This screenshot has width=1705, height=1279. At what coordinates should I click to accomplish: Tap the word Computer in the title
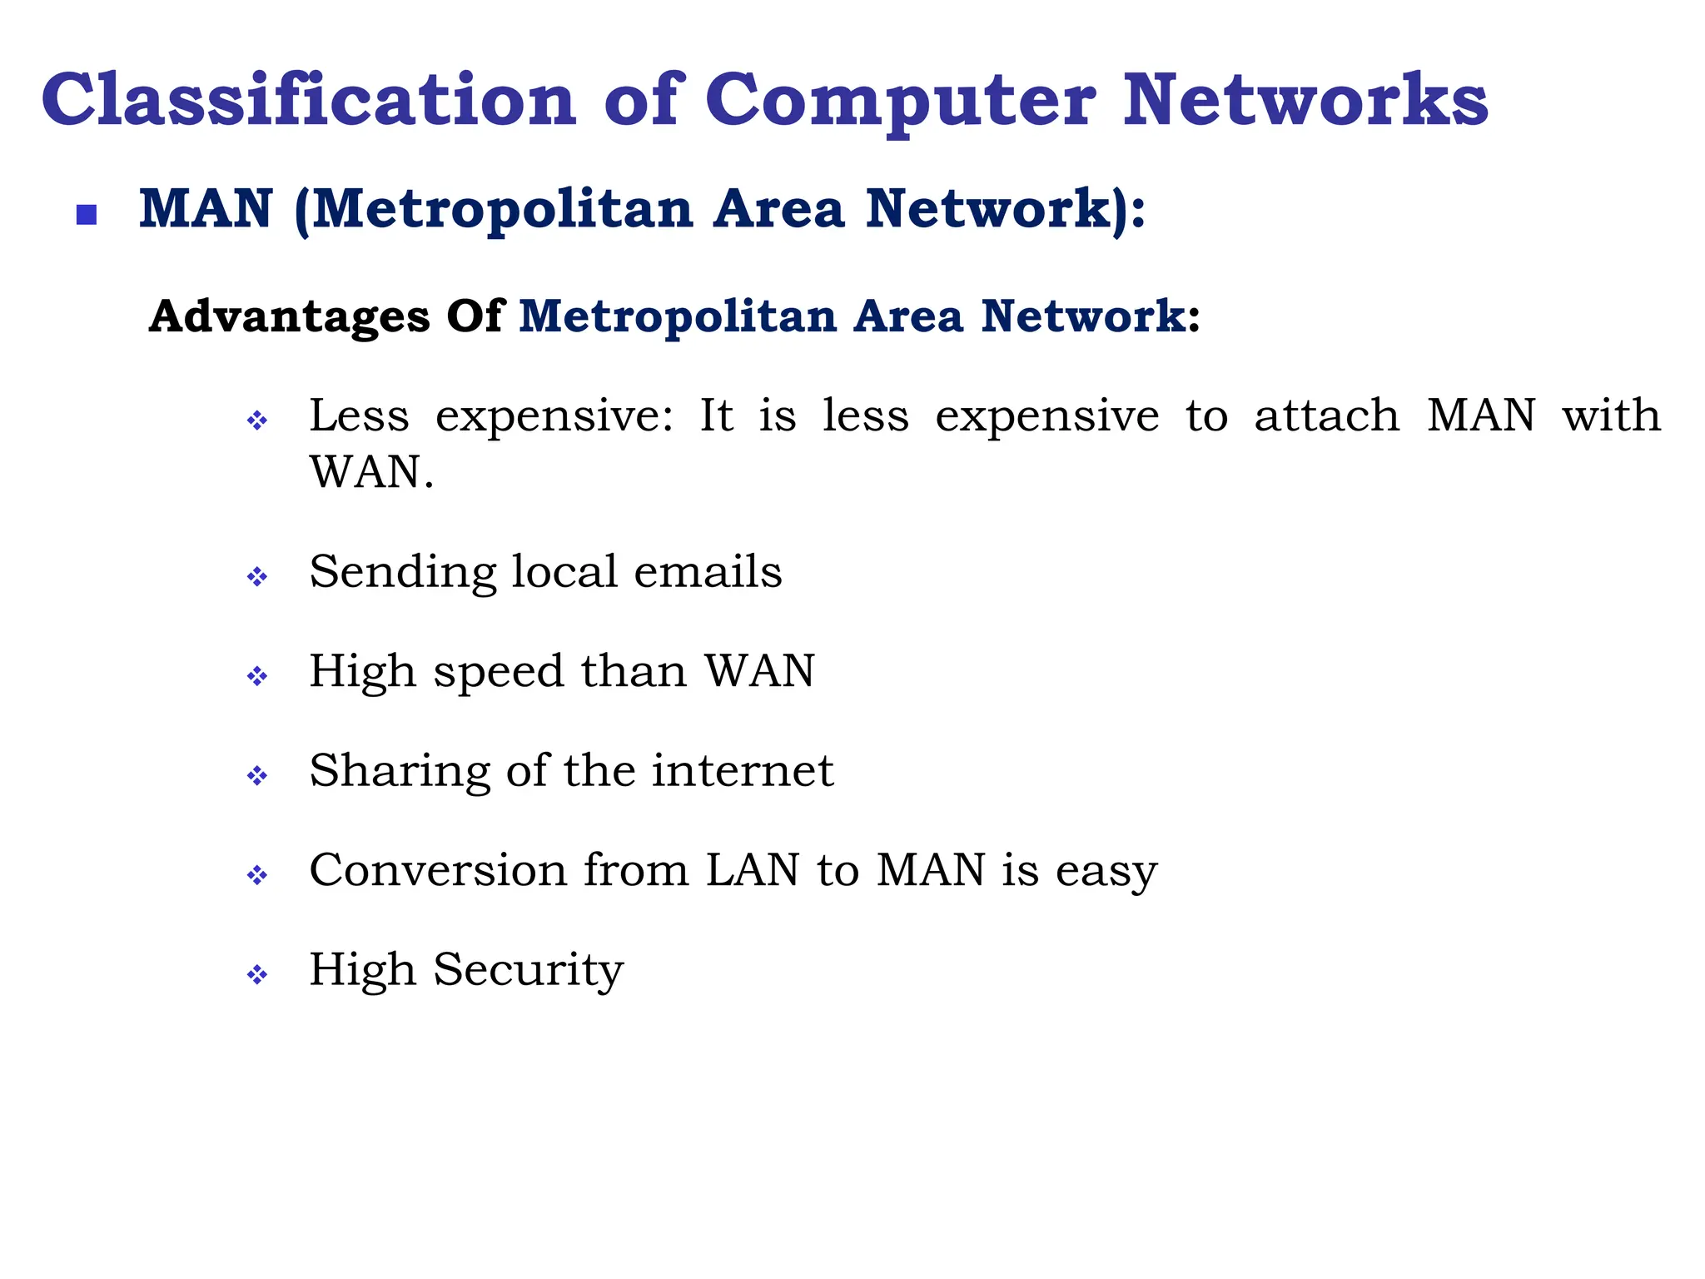[x=901, y=102]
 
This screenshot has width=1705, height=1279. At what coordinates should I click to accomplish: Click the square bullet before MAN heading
[x=87, y=216]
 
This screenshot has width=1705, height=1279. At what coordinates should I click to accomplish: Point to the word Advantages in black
[x=290, y=317]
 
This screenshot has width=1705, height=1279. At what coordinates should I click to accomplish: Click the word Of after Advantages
[x=475, y=316]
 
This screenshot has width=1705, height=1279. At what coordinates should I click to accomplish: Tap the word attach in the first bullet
[x=1327, y=416]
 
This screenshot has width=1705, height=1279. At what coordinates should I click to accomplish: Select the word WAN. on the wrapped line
[x=371, y=472]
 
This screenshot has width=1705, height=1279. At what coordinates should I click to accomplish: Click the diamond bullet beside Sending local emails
[x=257, y=576]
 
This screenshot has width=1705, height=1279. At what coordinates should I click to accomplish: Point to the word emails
[x=708, y=572]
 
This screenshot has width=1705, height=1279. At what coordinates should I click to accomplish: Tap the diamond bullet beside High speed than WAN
[x=257, y=675]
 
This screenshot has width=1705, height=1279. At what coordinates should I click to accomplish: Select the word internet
[x=742, y=770]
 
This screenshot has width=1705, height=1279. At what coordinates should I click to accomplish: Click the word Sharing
[x=400, y=772]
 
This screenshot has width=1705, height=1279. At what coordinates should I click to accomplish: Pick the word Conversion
[x=438, y=870]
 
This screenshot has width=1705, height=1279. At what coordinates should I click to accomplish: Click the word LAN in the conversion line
[x=753, y=870]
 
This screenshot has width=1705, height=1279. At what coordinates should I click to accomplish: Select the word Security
[x=528, y=971]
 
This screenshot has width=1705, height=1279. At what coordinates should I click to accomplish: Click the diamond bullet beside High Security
[x=257, y=974]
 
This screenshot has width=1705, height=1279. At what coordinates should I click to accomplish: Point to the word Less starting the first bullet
[x=359, y=416]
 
